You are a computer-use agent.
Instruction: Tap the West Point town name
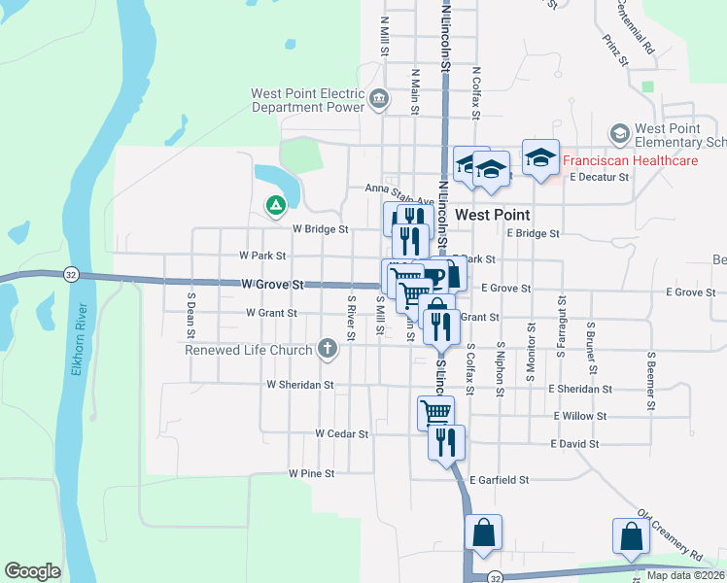[x=493, y=214]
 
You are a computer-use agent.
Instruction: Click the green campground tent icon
[x=275, y=205]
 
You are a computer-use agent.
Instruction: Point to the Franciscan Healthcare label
[x=633, y=160]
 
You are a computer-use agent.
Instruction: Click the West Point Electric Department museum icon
[x=379, y=97]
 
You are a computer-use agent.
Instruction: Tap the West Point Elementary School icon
[x=619, y=132]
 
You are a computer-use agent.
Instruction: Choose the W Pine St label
[x=311, y=473]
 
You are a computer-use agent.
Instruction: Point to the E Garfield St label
[x=500, y=480]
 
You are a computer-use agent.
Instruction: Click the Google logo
[x=32, y=571]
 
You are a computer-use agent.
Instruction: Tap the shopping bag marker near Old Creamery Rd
[x=631, y=535]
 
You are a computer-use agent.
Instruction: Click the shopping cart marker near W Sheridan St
[x=435, y=414]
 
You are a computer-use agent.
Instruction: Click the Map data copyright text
[x=684, y=575]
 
